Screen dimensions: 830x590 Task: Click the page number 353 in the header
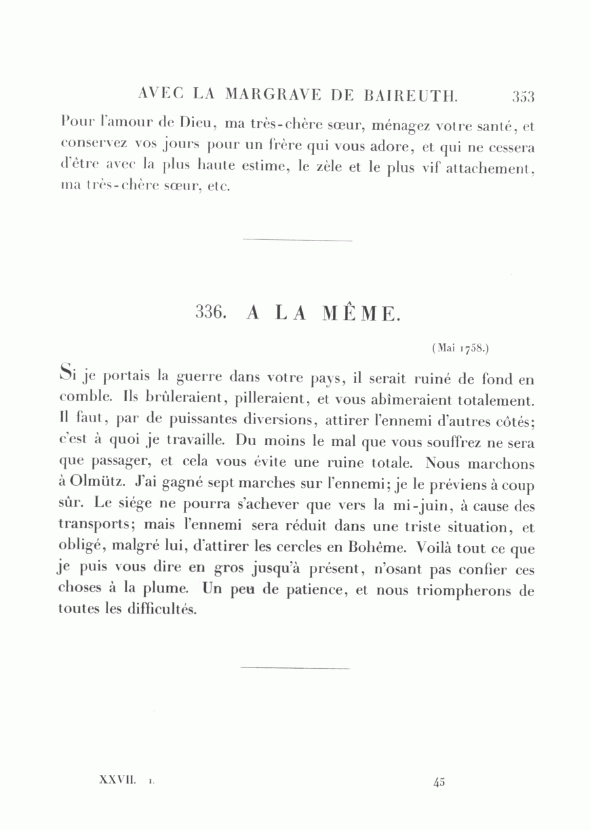point(523,97)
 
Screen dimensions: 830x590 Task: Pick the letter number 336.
point(211,313)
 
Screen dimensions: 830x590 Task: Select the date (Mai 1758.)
point(460,349)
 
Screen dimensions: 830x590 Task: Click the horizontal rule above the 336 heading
point(297,241)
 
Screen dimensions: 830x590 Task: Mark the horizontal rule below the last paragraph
point(295,668)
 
